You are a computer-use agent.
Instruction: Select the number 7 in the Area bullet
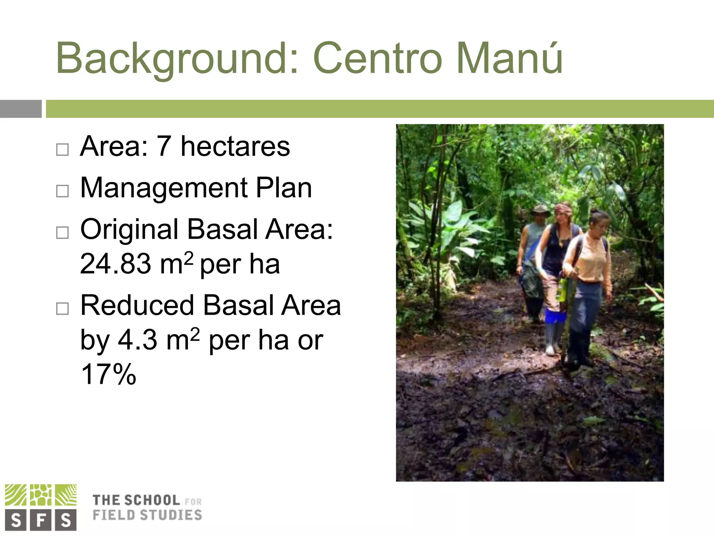click(164, 147)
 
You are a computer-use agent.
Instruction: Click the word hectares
click(235, 147)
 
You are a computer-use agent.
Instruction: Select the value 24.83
click(115, 264)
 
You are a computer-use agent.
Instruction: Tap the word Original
click(129, 229)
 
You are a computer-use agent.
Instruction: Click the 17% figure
click(108, 374)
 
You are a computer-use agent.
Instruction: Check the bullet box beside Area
click(62, 150)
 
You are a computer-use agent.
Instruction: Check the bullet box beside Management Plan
click(62, 191)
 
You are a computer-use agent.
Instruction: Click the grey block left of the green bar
click(21, 109)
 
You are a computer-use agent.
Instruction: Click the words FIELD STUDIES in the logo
click(147, 515)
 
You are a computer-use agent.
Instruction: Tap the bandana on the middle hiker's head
click(563, 209)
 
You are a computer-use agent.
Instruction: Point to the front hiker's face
click(600, 226)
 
